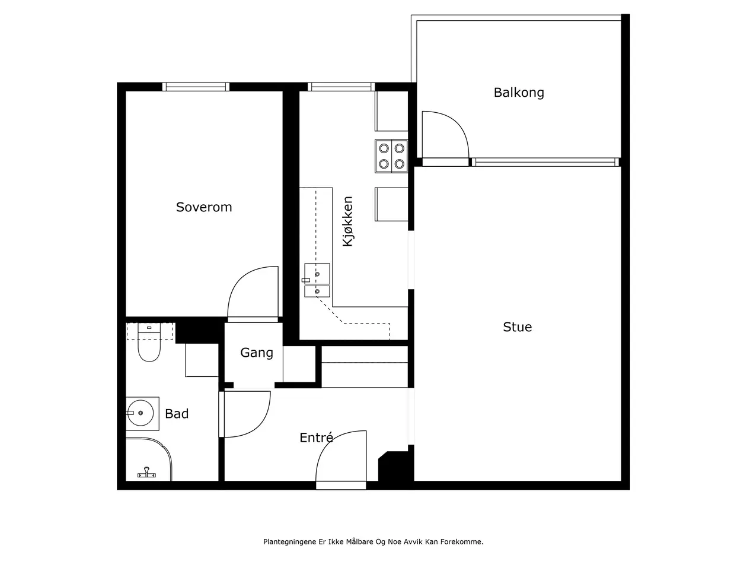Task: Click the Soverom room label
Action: (204, 207)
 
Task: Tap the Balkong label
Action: (519, 93)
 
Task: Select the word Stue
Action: (518, 327)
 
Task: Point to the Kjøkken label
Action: (348, 221)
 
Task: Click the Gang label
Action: (257, 353)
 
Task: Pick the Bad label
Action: (177, 414)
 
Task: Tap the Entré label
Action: (316, 438)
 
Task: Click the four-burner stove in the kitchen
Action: (391, 156)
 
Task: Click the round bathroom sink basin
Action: (141, 413)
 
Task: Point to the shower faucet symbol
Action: (146, 473)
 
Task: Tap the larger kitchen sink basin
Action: (317, 274)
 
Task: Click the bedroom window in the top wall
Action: (196, 87)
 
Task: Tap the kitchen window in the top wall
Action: (341, 87)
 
